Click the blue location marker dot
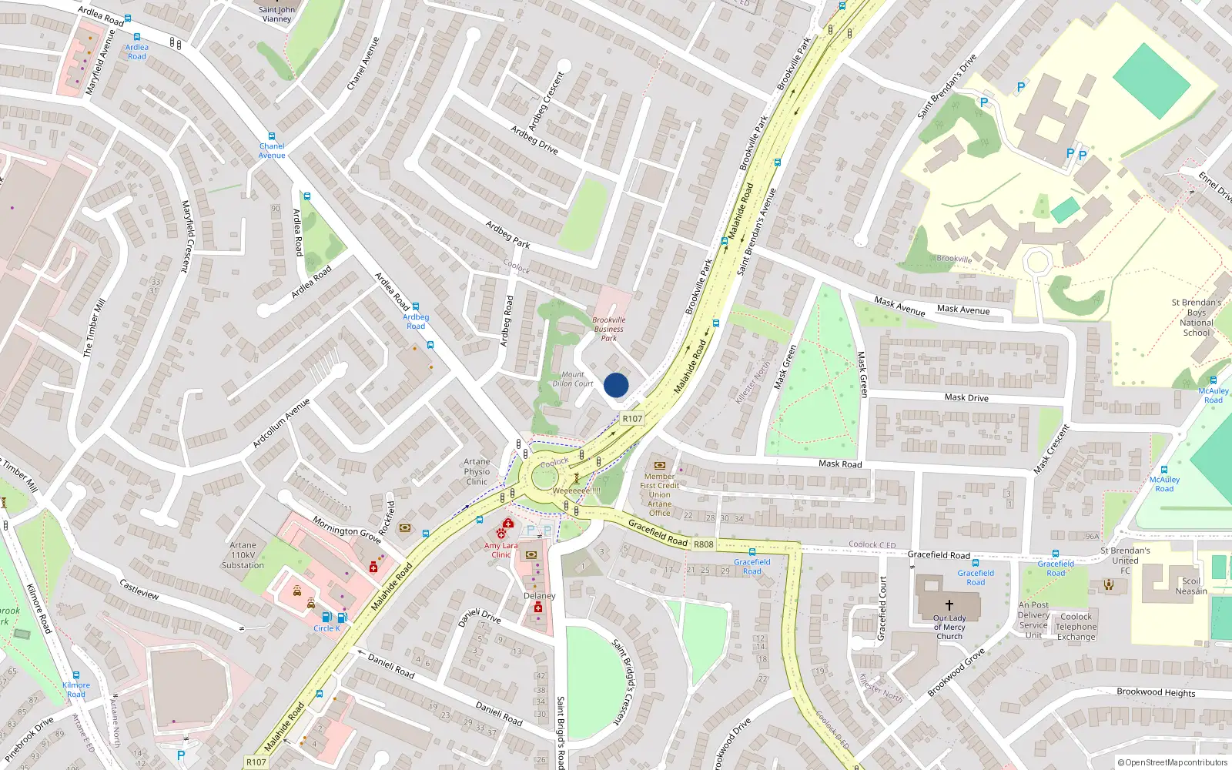tap(616, 385)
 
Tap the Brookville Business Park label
tap(609, 329)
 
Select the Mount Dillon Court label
tap(573, 379)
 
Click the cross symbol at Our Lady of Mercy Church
tap(949, 605)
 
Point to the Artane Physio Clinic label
tap(477, 471)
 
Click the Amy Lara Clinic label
tap(500, 550)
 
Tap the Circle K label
tap(326, 628)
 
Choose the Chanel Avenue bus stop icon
tap(272, 136)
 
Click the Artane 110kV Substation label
tap(243, 555)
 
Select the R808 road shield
tap(703, 544)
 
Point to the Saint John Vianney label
tap(276, 14)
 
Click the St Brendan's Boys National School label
tap(1197, 317)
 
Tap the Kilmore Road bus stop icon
tap(75, 675)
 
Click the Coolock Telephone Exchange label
tap(1076, 627)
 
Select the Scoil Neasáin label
tap(1191, 586)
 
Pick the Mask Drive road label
tap(966, 397)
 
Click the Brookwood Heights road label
tap(1156, 692)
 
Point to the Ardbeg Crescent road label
tap(546, 101)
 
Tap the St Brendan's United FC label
tap(1125, 561)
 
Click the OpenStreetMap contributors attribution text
tap(1173, 762)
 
